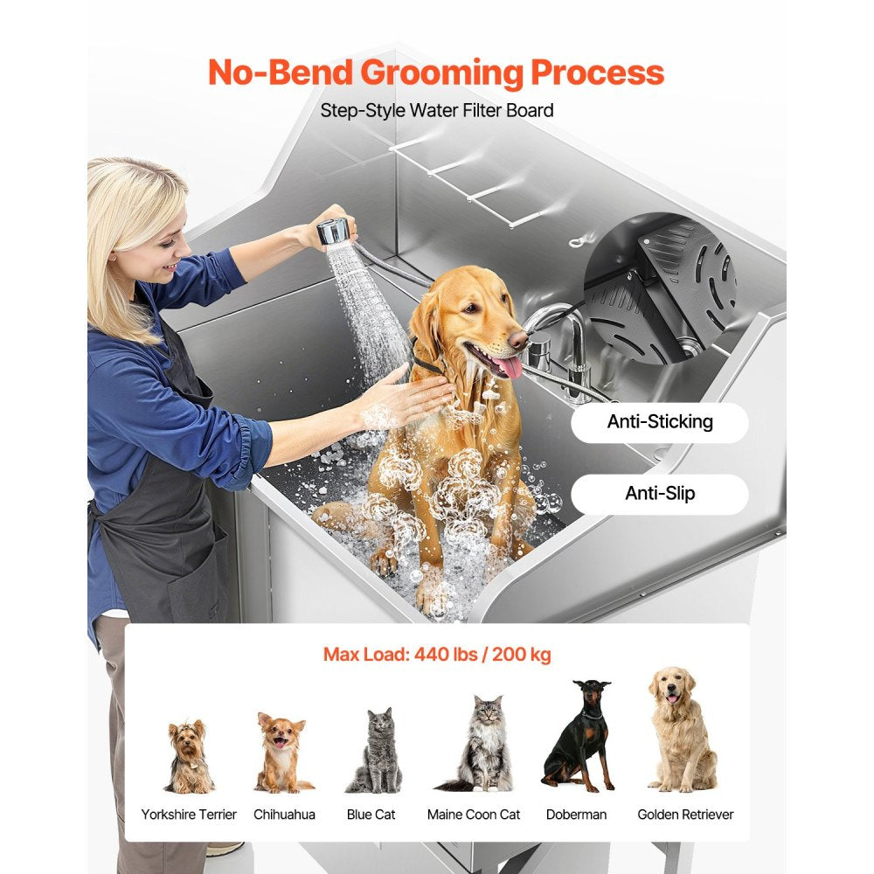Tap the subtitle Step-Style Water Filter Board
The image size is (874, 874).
[437, 111]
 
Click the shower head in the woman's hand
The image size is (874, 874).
[334, 232]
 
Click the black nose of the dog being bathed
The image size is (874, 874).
[518, 337]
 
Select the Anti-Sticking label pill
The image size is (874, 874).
[660, 422]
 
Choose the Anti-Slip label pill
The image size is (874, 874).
[660, 494]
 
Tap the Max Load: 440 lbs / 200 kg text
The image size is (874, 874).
[437, 655]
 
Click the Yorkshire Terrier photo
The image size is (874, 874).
[189, 756]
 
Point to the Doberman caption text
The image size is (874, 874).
[576, 815]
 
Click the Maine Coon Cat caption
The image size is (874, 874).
[474, 815]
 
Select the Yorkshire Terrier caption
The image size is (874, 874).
[189, 815]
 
